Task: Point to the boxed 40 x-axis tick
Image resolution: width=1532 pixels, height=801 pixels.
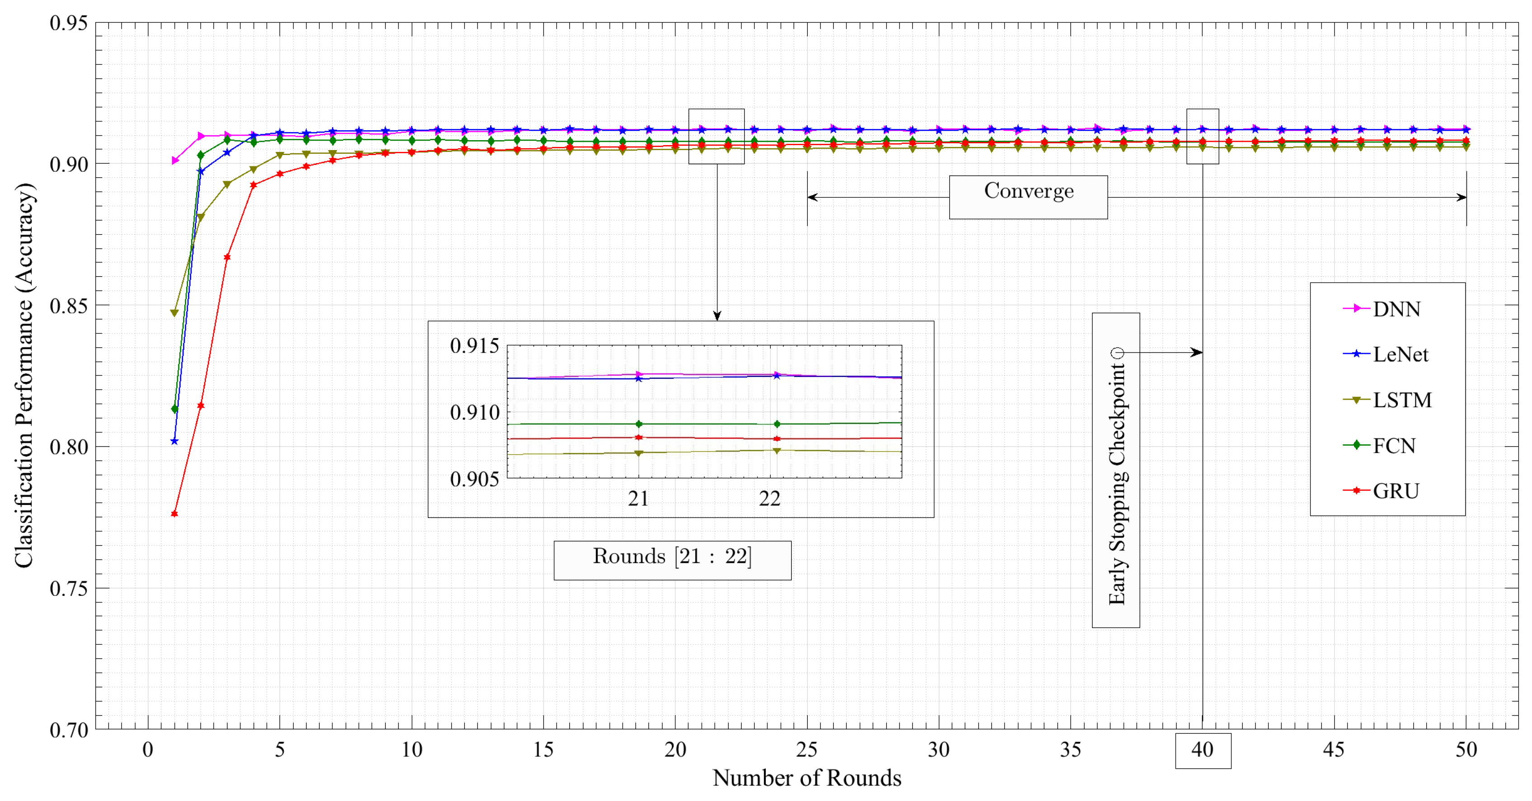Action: point(1203,750)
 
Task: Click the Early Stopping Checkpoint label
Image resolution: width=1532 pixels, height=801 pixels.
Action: point(1116,470)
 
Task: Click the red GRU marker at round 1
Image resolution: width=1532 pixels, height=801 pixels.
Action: point(174,514)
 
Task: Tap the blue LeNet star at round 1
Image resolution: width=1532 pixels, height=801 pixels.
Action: point(174,442)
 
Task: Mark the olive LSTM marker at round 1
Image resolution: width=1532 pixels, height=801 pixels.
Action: point(174,313)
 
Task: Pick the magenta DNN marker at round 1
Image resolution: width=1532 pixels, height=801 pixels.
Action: point(175,160)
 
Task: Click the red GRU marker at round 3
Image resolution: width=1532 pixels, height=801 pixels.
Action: point(227,257)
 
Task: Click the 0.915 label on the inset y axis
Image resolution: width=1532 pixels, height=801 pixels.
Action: point(474,346)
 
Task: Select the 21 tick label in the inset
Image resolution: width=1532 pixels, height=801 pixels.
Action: point(638,499)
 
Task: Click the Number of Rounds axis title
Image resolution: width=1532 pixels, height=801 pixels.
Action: point(806,778)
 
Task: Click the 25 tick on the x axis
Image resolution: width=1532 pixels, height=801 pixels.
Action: point(806,750)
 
